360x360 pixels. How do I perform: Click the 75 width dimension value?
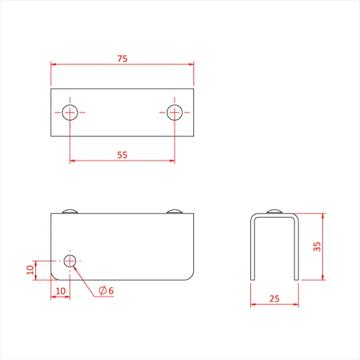121,58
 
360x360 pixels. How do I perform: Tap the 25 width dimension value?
274,299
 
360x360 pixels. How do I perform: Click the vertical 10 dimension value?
30,270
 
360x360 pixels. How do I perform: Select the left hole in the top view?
70,112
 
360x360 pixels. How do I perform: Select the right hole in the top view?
174,112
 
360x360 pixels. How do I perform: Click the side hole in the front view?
70,260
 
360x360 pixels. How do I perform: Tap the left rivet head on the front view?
70,211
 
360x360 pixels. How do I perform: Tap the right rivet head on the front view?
174,211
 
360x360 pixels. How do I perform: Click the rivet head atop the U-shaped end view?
274,211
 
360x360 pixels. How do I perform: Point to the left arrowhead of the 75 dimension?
53,64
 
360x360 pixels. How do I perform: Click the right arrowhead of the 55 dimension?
172,161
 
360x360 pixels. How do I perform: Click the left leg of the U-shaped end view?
252,250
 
